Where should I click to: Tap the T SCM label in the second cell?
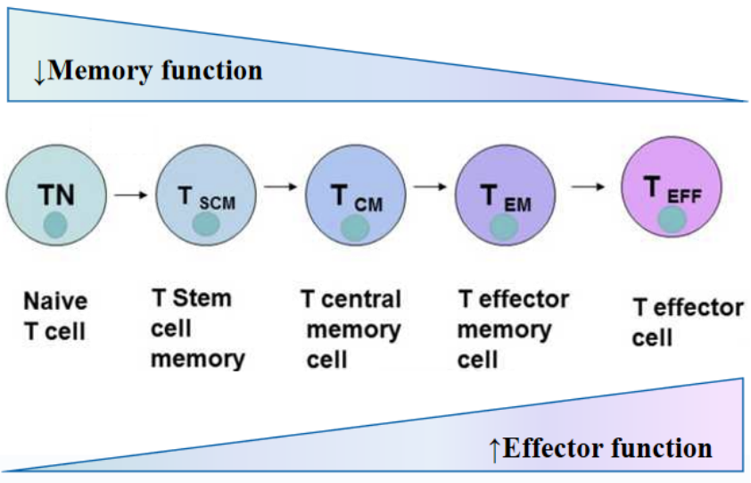coord(206,199)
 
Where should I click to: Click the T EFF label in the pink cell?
coord(672,188)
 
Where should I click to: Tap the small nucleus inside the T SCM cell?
coord(206,223)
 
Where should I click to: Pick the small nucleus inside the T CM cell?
coord(355,227)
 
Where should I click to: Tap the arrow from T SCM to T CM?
coord(283,187)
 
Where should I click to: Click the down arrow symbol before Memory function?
coord(39,72)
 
